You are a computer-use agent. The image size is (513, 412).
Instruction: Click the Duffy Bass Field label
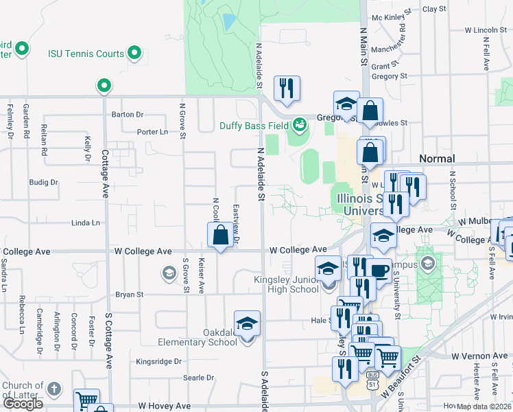coord(254,126)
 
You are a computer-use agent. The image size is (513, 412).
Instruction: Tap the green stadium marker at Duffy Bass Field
coord(299,125)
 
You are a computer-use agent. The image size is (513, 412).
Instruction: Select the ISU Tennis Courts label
coord(86,54)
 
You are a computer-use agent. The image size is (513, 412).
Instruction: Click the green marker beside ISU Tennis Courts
coord(135,52)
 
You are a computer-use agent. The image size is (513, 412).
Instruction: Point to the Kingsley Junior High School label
coord(287,284)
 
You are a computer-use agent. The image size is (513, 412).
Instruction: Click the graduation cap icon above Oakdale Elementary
coord(247,323)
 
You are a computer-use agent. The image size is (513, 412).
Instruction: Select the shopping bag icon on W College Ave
coord(220,236)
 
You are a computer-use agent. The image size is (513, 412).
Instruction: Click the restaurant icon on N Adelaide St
coord(287,89)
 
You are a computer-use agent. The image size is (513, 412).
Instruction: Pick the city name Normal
coord(437,159)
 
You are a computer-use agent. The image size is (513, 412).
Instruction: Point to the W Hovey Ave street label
coord(165,407)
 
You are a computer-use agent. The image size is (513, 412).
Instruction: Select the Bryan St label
coord(129,294)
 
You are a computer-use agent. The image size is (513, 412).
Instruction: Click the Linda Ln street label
coord(86,223)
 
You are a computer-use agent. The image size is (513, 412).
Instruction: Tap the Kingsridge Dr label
coord(158,361)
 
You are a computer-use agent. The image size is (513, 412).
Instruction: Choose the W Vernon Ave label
coord(479,356)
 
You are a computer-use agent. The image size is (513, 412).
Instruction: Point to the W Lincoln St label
coord(485,30)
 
